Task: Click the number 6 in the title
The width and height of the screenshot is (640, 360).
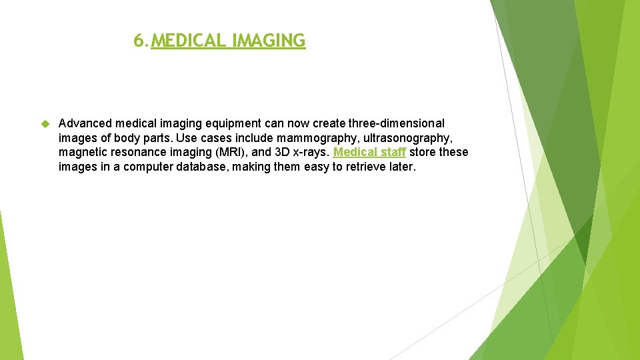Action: (x=137, y=41)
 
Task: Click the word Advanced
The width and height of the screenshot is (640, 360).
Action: (x=85, y=123)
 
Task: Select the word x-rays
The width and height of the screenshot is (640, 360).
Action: (x=312, y=153)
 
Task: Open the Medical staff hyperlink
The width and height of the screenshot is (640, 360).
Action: (x=369, y=153)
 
